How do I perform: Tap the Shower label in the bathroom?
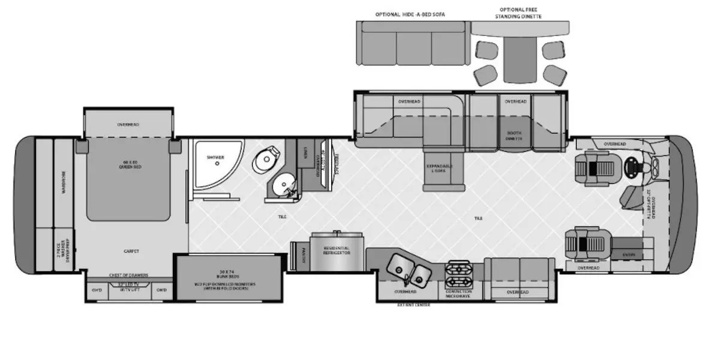[215, 157]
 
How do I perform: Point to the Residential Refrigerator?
[337, 250]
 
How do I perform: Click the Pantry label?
[304, 251]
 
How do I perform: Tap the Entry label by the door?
[628, 254]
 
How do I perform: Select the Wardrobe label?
[63, 182]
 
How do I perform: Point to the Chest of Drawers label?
[128, 275]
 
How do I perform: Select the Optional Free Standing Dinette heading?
[520, 13]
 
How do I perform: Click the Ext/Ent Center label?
[413, 305]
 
